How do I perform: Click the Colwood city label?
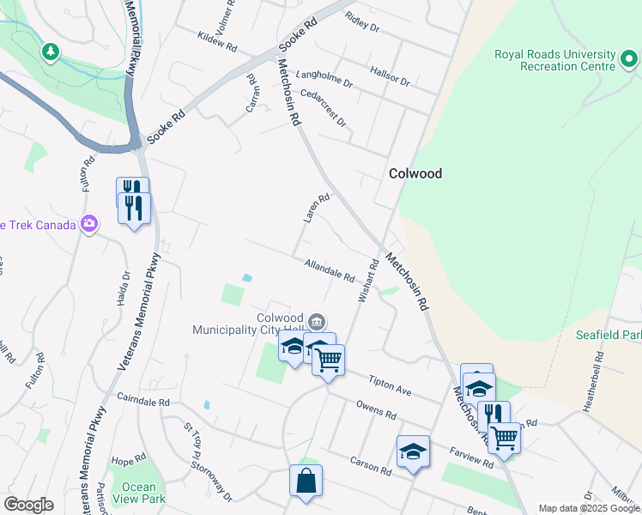415,173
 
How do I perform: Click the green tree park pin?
51,52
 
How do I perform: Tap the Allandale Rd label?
329,272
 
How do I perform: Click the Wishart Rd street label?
367,280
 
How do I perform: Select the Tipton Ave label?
391,385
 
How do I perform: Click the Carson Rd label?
370,465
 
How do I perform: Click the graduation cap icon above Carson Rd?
413,451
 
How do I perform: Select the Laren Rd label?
316,209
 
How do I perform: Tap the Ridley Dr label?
361,22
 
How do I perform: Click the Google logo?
28,505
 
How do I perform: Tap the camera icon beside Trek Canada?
89,225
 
